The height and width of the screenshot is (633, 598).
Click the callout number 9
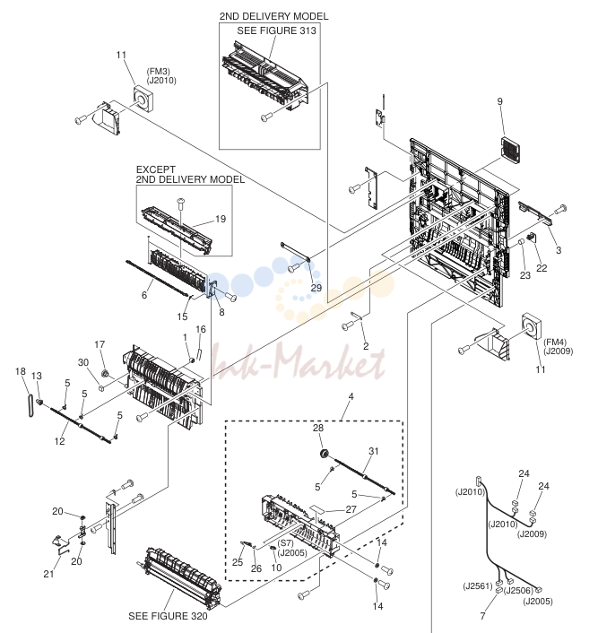[x=500, y=101]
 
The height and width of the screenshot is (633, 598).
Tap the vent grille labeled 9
[x=510, y=151]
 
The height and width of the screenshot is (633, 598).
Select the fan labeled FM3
[x=143, y=99]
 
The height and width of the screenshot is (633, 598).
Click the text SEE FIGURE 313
[x=276, y=30]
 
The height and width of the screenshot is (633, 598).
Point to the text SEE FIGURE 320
[x=168, y=616]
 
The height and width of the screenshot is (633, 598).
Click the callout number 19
[x=220, y=219]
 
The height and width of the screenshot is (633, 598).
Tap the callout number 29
[x=316, y=288]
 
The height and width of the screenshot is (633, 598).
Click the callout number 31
[x=374, y=451]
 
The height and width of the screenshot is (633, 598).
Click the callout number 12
[x=59, y=441]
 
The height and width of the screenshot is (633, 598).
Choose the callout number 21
[x=48, y=574]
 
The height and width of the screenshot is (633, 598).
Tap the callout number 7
[x=482, y=616]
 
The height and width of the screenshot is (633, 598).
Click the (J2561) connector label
[x=478, y=585]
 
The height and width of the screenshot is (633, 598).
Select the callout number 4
[x=351, y=396]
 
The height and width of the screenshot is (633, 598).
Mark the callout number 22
[x=542, y=268]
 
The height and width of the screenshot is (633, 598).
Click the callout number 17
[x=100, y=344]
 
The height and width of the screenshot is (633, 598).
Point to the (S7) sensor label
[x=285, y=543]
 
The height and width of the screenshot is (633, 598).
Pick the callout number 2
[x=366, y=346]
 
